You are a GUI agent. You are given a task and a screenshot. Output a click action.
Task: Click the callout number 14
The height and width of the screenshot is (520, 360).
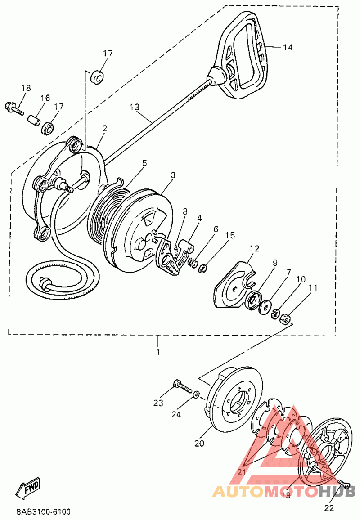point(288,47)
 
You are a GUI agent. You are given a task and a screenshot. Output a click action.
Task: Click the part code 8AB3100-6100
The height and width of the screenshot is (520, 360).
point(43,512)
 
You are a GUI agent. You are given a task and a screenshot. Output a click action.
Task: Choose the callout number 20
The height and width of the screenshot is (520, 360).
point(199,444)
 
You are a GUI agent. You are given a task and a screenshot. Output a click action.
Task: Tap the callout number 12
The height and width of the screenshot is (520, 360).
point(255,248)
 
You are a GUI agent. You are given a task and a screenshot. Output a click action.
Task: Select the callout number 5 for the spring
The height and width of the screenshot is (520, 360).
point(144,163)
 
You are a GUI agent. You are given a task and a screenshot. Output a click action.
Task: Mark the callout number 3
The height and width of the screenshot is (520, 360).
point(173,175)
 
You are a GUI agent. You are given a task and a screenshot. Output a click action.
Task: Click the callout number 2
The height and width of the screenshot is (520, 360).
point(104,128)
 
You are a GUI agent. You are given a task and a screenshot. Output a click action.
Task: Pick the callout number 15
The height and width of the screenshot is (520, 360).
point(230,235)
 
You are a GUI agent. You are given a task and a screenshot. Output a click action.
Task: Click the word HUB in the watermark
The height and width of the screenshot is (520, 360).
point(337,491)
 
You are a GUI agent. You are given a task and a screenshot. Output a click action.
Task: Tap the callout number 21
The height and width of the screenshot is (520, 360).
point(242,472)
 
